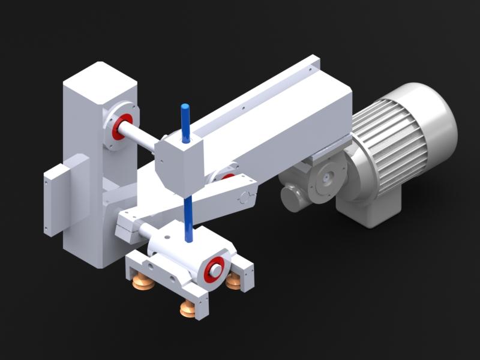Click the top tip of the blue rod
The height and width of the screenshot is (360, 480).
click(x=185, y=108)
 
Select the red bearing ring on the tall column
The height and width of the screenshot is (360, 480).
click(x=122, y=127)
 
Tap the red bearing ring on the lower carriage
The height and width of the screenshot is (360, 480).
click(x=214, y=269)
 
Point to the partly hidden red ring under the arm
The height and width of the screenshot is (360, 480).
click(x=227, y=176)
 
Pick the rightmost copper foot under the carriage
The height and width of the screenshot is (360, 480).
click(x=234, y=282)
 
